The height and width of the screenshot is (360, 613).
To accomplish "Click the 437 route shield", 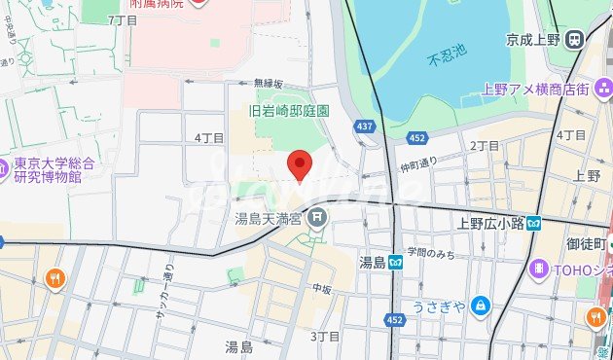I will coord(364,126).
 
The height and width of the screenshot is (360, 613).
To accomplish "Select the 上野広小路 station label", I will coord(491,223).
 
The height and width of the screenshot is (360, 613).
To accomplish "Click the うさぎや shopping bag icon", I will coord(480,306).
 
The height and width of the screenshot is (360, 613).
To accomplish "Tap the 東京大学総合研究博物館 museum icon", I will coord(7,165).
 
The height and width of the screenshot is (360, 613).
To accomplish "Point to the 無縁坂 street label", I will coord(268,84).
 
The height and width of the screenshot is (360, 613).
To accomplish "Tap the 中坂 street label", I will coord(323,289).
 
